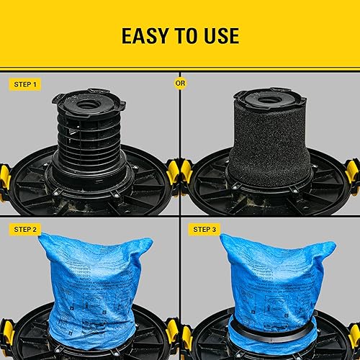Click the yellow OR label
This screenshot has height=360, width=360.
click(180, 83)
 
